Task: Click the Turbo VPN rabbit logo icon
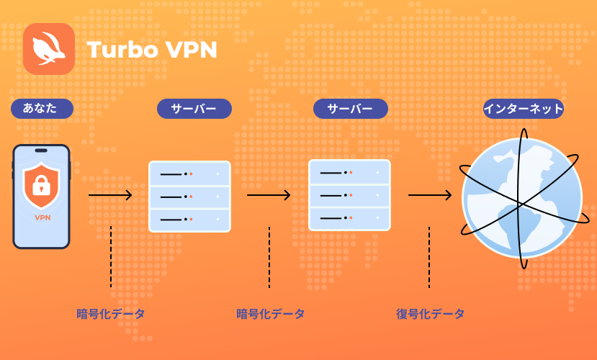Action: click(49, 49)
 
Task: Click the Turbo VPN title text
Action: click(152, 50)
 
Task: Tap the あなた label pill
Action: click(42, 109)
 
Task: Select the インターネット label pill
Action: click(523, 109)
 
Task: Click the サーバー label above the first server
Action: click(194, 109)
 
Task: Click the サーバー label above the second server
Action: click(350, 109)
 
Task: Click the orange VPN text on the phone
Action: click(42, 217)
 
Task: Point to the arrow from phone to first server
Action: click(110, 195)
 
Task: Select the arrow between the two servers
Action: click(269, 195)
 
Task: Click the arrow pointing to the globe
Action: click(430, 195)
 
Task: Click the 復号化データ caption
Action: click(430, 314)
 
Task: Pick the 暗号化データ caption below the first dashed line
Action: click(110, 314)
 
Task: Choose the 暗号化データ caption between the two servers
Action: click(270, 314)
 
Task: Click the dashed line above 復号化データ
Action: click(429, 257)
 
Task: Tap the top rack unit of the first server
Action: click(189, 174)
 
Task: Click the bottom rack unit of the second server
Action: click(349, 218)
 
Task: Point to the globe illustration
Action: click(522, 198)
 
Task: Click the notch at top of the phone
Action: click(41, 150)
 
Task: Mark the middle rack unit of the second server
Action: click(349, 196)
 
